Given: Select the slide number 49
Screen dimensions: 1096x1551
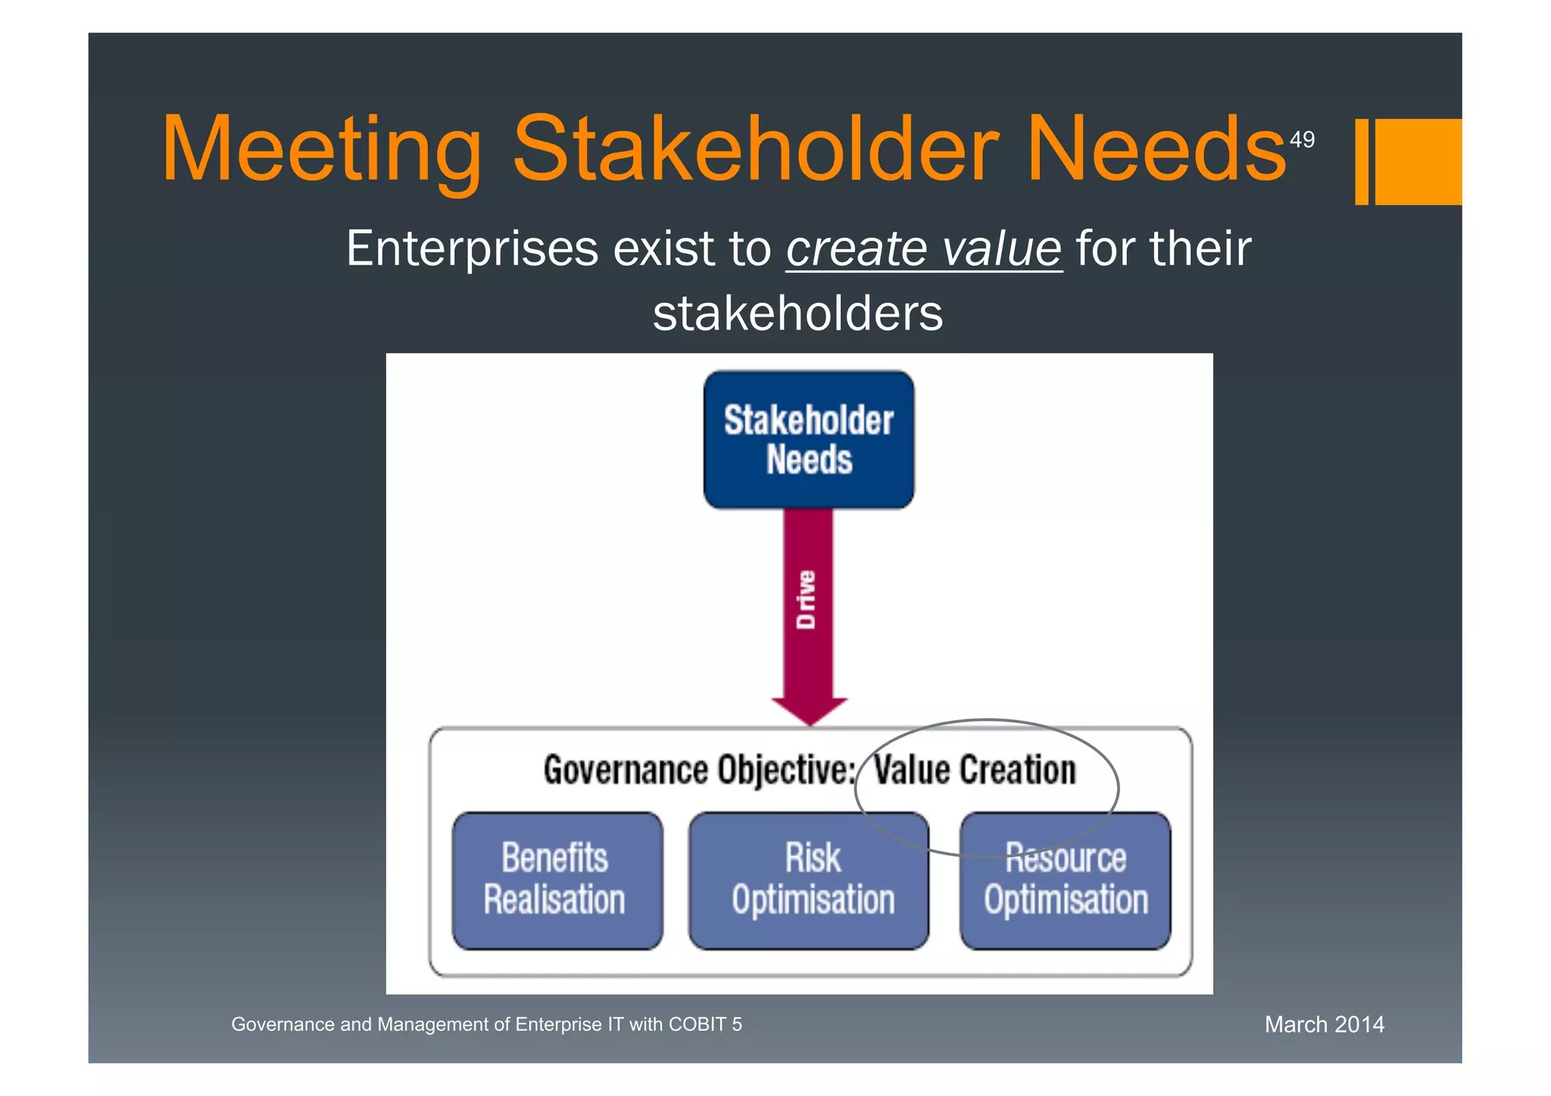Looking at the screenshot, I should (x=1302, y=140).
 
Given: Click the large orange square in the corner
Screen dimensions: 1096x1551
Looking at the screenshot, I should (x=1418, y=161).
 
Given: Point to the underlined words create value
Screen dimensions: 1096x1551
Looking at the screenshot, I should (x=924, y=249).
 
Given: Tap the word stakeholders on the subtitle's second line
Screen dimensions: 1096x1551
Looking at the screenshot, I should (x=797, y=314).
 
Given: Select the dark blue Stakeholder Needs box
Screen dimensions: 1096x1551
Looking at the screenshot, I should (x=808, y=440).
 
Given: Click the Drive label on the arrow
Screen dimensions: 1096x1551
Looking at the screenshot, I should (x=807, y=600).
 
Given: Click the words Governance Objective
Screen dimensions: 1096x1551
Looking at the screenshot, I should (x=699, y=771).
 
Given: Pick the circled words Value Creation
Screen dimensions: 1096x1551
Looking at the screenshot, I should (x=975, y=770).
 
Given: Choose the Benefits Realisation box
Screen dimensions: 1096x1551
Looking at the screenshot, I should (x=557, y=880).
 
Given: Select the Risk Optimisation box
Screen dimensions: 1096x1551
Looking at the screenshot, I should (x=809, y=880).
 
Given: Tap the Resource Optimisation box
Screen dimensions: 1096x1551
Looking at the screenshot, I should (x=1065, y=880).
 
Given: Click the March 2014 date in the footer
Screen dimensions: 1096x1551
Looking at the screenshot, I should (x=1324, y=1025).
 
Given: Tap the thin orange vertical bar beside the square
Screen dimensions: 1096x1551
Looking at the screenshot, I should (x=1362, y=161).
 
